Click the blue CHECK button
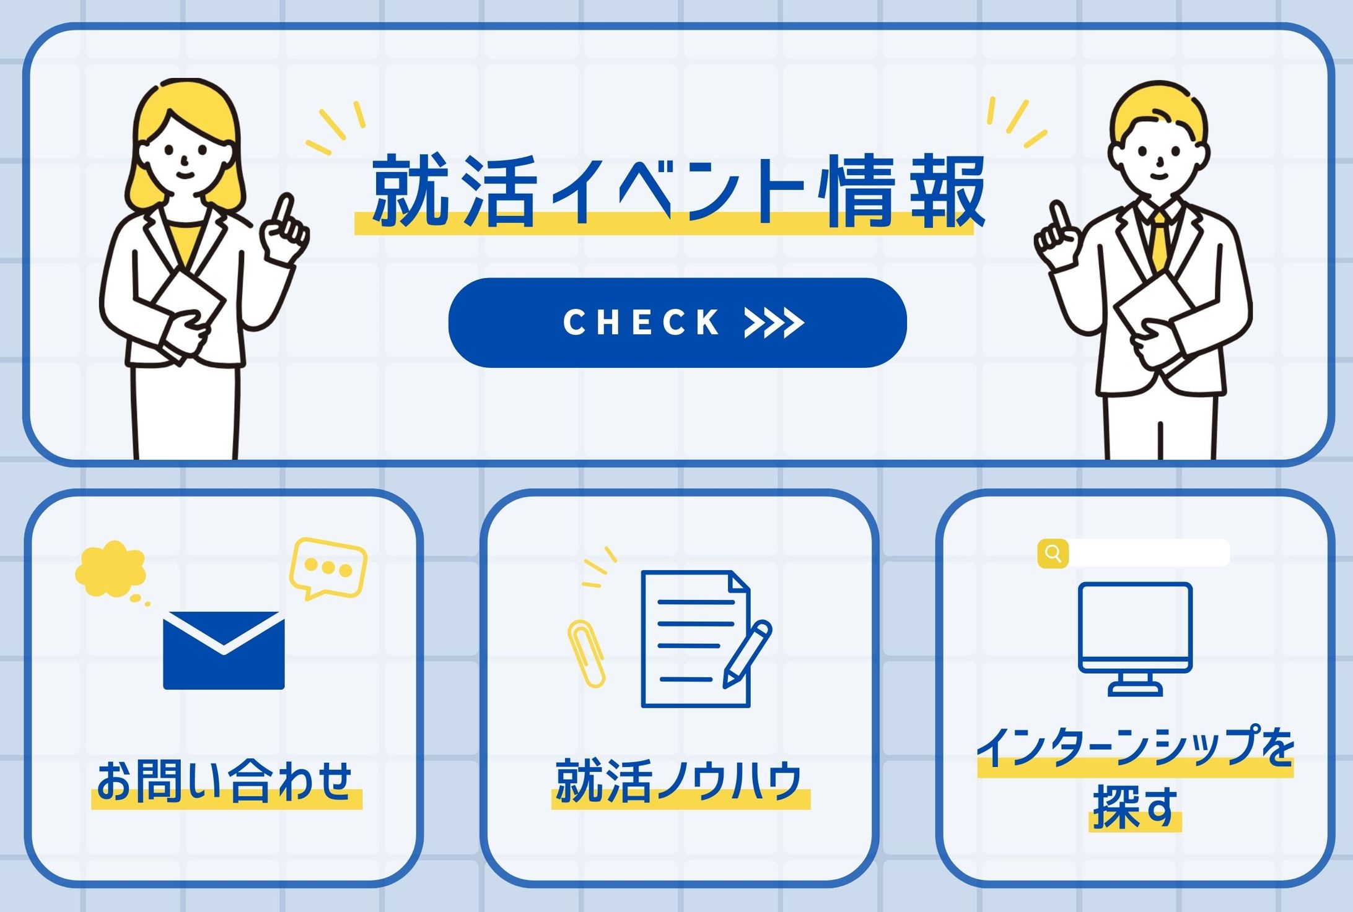[677, 323]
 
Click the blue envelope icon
[224, 650]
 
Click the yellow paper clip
[586, 653]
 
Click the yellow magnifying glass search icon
[1053, 553]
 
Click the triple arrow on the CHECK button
[774, 323]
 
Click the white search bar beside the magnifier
[1149, 553]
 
